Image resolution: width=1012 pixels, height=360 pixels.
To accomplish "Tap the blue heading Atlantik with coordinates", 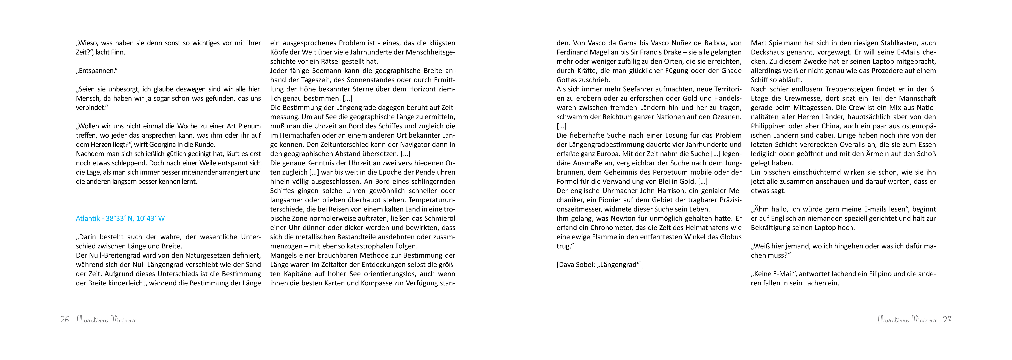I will click(x=120, y=219).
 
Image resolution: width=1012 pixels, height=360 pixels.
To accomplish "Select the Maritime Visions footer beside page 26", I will click(x=105, y=320).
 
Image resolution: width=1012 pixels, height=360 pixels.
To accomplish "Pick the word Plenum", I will click(x=249, y=126).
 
